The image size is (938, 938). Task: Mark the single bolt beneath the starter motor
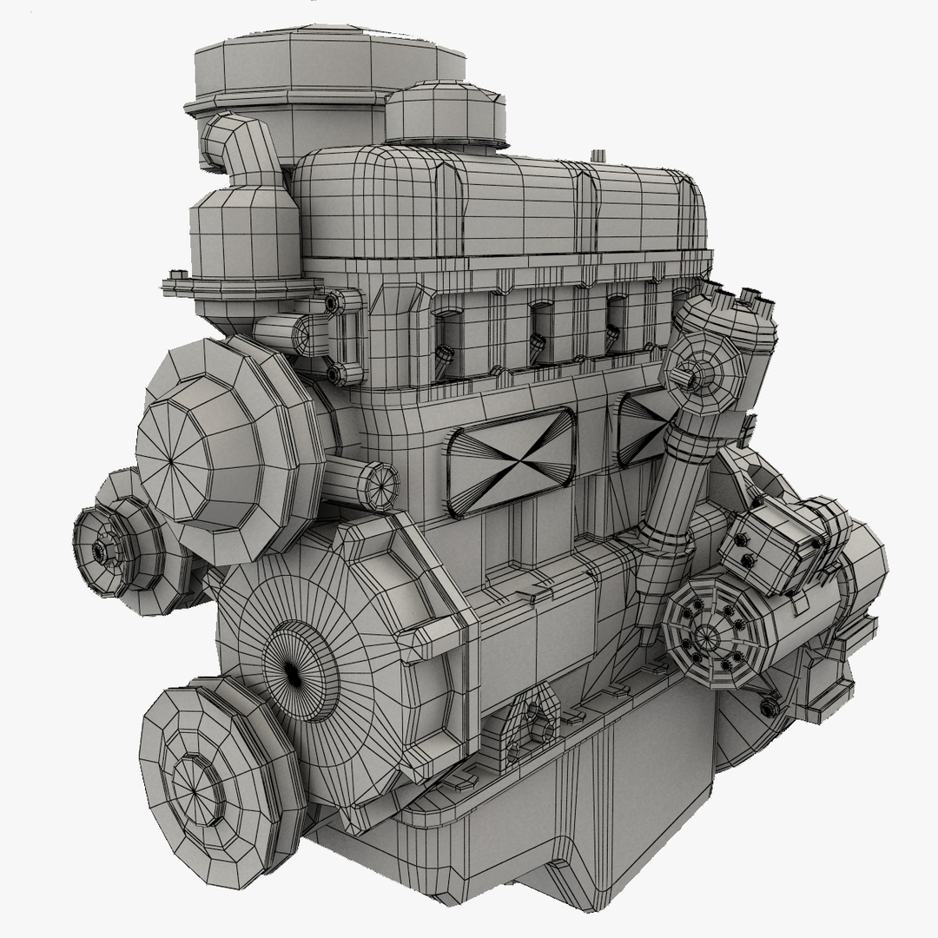(x=768, y=708)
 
